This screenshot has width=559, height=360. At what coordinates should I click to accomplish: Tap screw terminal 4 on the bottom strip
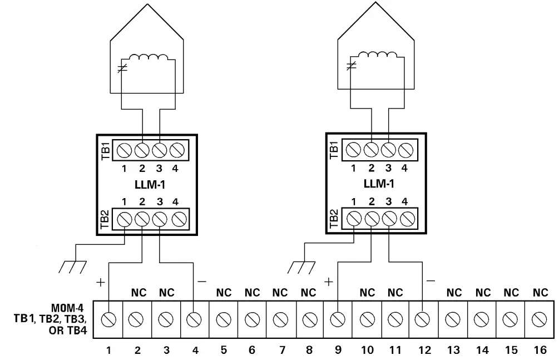(194, 320)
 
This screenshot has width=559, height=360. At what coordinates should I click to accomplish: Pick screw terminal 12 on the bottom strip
(423, 320)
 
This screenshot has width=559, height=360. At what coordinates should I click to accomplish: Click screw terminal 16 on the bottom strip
(538, 320)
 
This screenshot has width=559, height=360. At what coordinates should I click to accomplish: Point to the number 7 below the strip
(281, 350)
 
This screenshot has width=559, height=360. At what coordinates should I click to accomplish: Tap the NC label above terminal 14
(482, 292)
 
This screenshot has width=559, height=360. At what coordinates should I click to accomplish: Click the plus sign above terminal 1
(100, 282)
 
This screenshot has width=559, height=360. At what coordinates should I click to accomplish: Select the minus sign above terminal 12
(429, 282)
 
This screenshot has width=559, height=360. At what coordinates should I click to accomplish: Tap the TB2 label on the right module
(334, 219)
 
